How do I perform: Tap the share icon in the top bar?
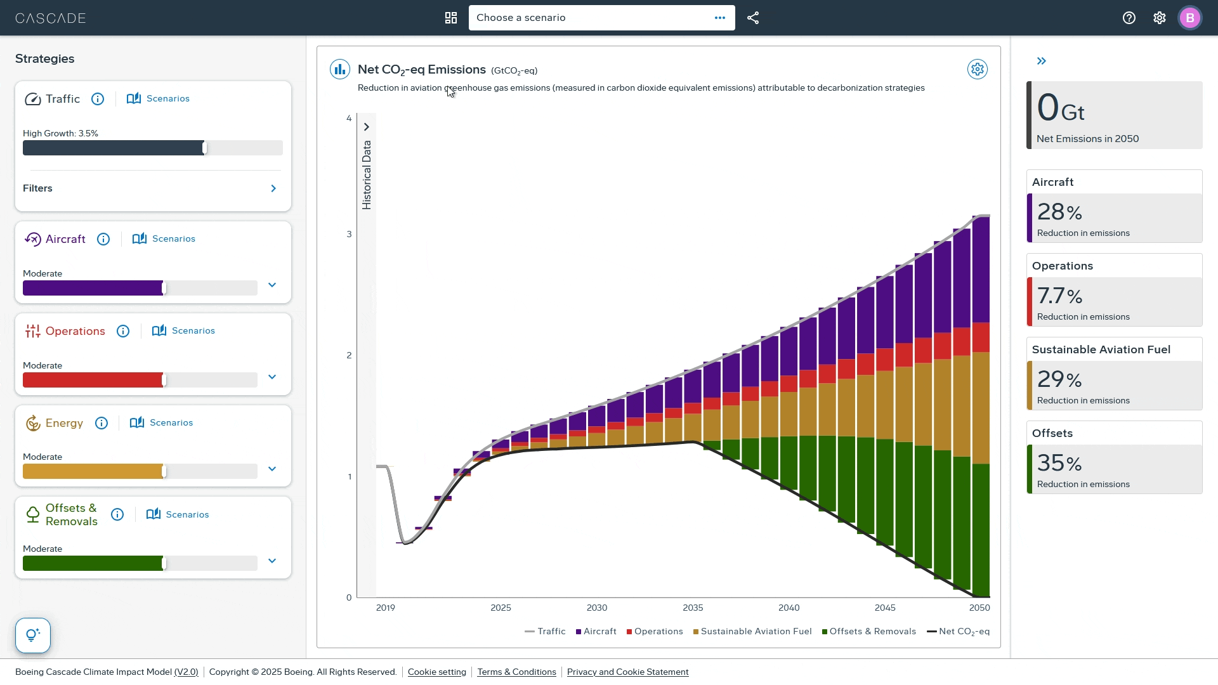pyautogui.click(x=753, y=18)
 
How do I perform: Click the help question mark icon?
pyautogui.click(x=1129, y=18)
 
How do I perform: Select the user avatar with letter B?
pyautogui.click(x=1189, y=18)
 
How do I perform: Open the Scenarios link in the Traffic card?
pyautogui.click(x=159, y=98)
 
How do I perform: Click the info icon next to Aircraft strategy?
pyautogui.click(x=103, y=239)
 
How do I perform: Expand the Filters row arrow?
pyautogui.click(x=273, y=188)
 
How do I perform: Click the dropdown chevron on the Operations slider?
pyautogui.click(x=272, y=377)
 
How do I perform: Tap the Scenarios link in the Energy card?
pyautogui.click(x=162, y=422)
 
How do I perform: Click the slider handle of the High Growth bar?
pyautogui.click(x=204, y=148)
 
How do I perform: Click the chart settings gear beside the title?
pyautogui.click(x=977, y=69)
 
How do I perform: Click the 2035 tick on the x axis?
pyautogui.click(x=693, y=608)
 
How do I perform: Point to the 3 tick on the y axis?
pyautogui.click(x=349, y=234)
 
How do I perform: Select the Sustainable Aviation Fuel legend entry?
pyautogui.click(x=752, y=631)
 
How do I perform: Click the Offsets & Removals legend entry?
pyautogui.click(x=869, y=631)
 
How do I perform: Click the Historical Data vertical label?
pyautogui.click(x=367, y=174)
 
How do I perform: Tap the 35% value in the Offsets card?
pyautogui.click(x=1059, y=463)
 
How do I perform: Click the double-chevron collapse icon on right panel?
pyautogui.click(x=1041, y=61)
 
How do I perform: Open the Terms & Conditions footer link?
pyautogui.click(x=516, y=672)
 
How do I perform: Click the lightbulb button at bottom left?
pyautogui.click(x=33, y=635)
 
